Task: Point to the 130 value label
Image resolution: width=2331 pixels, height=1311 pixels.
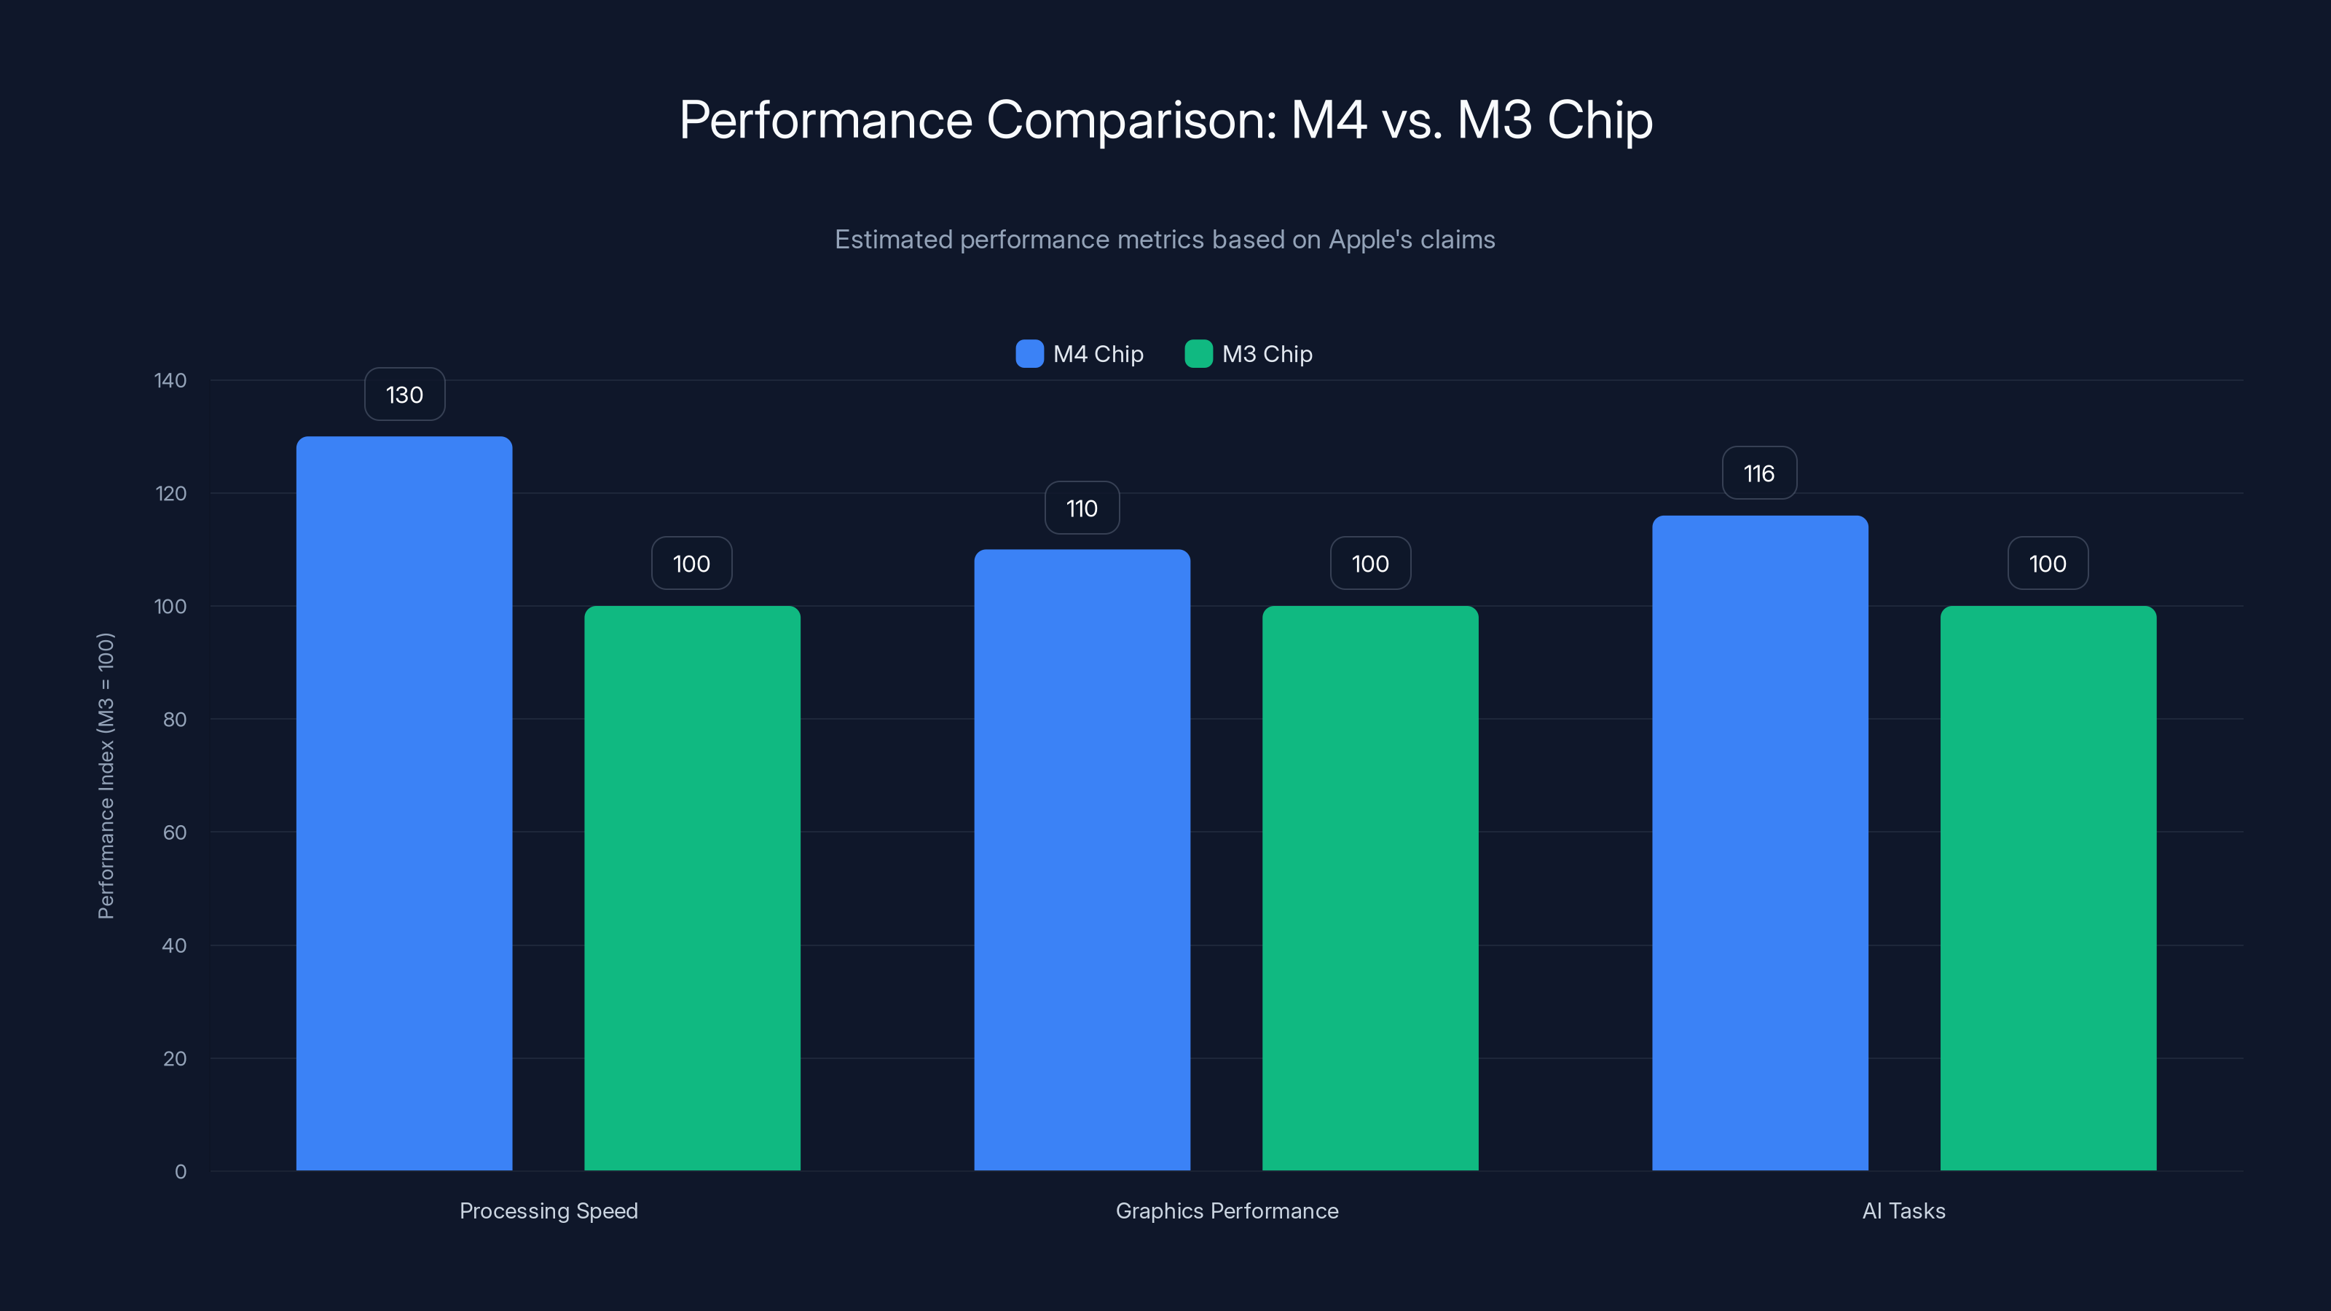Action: [404, 395]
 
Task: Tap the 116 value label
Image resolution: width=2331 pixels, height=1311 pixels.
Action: [1759, 473]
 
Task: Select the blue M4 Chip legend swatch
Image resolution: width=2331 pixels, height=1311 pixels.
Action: [1029, 354]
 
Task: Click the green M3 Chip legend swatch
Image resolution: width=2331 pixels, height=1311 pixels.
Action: [1198, 354]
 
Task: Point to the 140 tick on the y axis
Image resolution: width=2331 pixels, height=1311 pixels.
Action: [170, 380]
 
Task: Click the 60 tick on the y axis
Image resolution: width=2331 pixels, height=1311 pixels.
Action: [175, 832]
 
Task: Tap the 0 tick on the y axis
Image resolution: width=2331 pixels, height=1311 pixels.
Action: [180, 1172]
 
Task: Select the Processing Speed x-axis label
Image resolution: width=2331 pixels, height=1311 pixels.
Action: [549, 1210]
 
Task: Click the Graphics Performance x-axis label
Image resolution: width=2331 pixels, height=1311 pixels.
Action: [1226, 1210]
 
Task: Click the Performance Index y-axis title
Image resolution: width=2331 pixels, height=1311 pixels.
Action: [106, 776]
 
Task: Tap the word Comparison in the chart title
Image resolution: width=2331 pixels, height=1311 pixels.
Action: [1131, 120]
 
